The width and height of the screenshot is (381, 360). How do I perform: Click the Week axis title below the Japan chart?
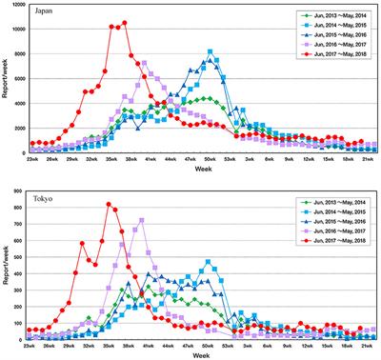coord(205,171)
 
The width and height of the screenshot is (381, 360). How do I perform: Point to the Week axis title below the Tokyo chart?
coord(205,357)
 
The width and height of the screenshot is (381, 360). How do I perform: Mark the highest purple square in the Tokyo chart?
coord(141,220)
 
